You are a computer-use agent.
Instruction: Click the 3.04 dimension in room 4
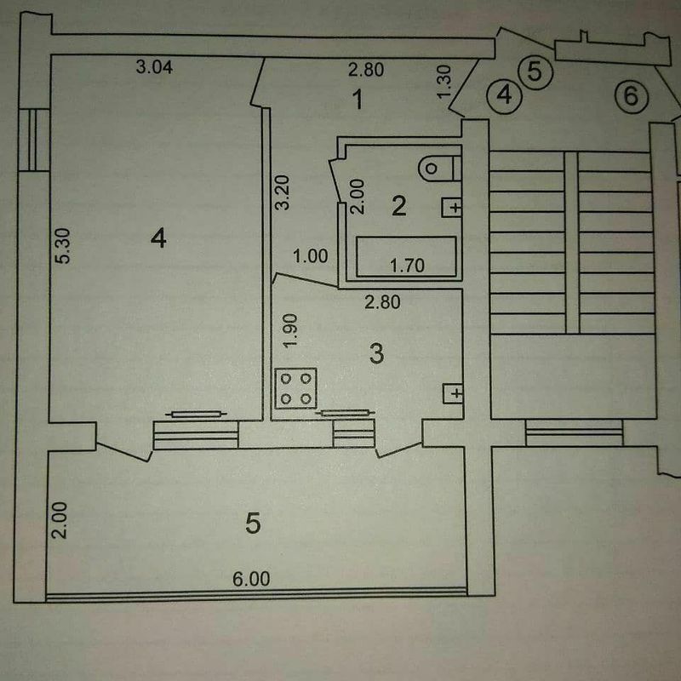[x=154, y=67]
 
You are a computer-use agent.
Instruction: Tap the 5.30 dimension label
[x=63, y=246]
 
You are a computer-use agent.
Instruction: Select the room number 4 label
[x=158, y=239]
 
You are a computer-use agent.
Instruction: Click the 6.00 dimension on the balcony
[x=251, y=579]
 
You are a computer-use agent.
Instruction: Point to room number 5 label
[x=253, y=523]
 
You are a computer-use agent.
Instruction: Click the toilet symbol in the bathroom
[x=439, y=168]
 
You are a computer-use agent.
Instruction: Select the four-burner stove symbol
[x=295, y=388]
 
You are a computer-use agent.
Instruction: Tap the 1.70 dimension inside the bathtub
[x=407, y=265]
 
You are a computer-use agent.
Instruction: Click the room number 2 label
[x=398, y=205]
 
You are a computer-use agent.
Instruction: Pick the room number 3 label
[x=376, y=353]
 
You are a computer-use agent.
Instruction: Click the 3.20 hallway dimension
[x=283, y=192]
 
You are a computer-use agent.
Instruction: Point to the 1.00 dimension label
[x=310, y=256]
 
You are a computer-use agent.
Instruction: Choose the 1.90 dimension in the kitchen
[x=290, y=330]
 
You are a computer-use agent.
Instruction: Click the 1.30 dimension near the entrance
[x=444, y=82]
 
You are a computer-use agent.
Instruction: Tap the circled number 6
[x=632, y=96]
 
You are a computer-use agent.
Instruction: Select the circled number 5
[x=535, y=72]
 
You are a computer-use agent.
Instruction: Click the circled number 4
[x=504, y=95]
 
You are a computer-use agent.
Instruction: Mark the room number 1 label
[x=358, y=100]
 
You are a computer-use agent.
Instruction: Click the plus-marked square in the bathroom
[x=452, y=208]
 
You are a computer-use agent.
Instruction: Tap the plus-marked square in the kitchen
[x=453, y=394]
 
